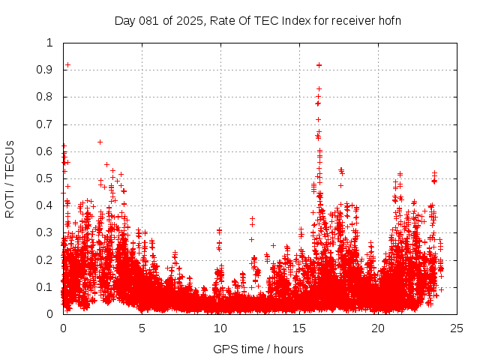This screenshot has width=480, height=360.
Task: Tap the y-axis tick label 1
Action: coord(51,43)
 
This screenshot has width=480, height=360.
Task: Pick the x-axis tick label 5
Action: coord(142,328)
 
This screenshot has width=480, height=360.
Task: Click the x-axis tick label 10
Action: coord(220,328)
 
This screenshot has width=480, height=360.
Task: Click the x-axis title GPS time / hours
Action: coord(258,349)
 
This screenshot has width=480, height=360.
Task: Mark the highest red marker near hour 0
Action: coord(67,65)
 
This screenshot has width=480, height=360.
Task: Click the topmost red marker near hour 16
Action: coord(319,65)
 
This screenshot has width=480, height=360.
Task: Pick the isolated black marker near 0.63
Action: coord(100,142)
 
